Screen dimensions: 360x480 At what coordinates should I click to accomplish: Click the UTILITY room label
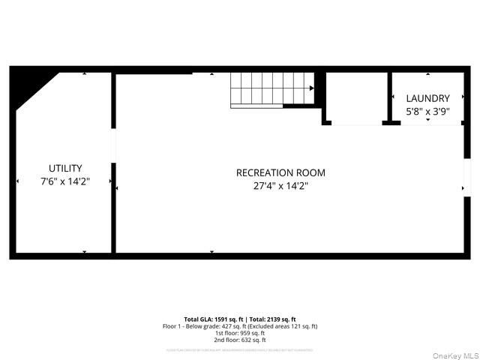click(x=65, y=169)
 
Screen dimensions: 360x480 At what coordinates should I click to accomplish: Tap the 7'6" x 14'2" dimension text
click(x=65, y=182)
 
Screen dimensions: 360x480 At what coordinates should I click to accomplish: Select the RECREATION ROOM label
click(x=280, y=172)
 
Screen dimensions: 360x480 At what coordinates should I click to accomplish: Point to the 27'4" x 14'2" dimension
click(x=280, y=186)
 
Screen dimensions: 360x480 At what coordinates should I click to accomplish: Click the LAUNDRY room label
click(x=427, y=98)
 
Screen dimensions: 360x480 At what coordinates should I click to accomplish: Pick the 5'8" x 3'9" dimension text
click(x=427, y=111)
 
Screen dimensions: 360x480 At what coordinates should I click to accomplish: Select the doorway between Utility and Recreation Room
click(x=114, y=145)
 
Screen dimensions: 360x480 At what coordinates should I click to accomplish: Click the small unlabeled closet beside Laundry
click(x=355, y=97)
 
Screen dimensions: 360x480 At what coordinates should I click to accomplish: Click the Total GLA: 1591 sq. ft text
click(x=214, y=319)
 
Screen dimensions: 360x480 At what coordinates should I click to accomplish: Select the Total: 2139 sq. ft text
click(x=271, y=319)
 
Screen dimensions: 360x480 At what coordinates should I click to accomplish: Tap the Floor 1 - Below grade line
click(x=240, y=326)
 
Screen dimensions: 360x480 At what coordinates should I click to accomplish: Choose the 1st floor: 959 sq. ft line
click(x=240, y=333)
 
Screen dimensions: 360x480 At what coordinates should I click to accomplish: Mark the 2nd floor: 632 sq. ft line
click(x=240, y=340)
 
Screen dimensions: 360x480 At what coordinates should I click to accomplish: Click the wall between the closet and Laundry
click(x=388, y=97)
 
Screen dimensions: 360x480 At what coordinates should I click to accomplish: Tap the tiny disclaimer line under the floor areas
click(x=240, y=350)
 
